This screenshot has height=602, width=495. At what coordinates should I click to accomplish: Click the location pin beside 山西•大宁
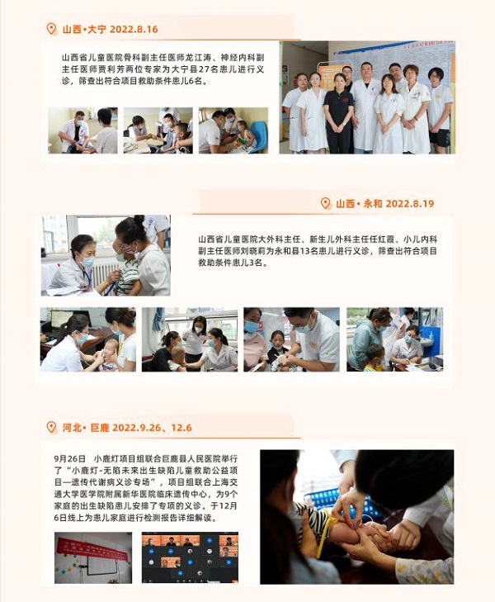point(51,29)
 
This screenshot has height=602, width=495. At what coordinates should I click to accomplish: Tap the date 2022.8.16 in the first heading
point(134,29)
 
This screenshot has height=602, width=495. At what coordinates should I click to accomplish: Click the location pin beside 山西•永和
point(325,203)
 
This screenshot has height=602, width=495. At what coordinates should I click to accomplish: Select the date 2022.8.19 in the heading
point(409,203)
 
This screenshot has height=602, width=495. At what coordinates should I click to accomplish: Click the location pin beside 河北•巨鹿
point(51,427)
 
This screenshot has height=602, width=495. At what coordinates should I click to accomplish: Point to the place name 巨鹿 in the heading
point(100,427)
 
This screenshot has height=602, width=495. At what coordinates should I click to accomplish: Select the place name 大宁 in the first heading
point(97,29)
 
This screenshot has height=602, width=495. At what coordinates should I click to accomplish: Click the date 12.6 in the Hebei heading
point(181,427)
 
